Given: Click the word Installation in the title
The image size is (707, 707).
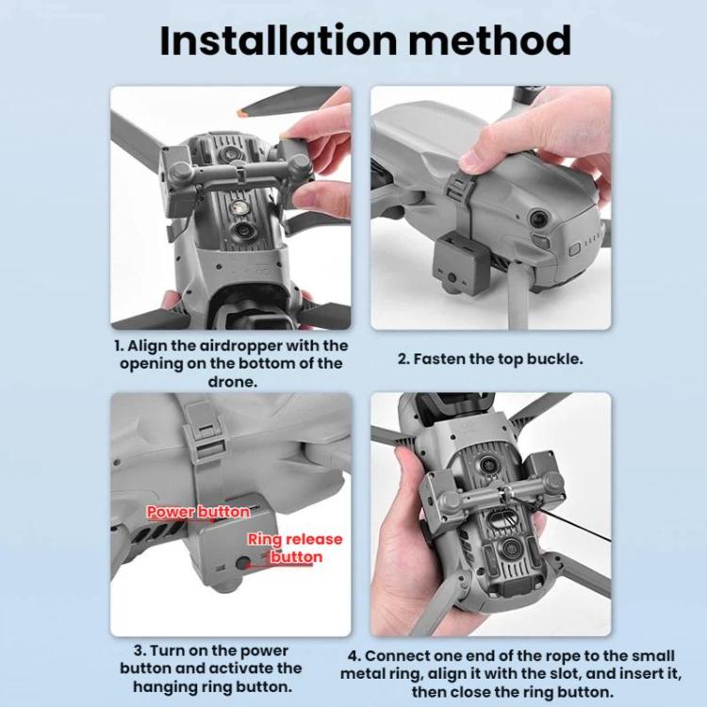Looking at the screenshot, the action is [x=278, y=41].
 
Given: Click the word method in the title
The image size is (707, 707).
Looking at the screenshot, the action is [x=489, y=41].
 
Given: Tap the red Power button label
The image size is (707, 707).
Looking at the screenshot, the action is [x=198, y=512].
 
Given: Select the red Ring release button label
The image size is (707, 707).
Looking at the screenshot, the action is [x=295, y=548].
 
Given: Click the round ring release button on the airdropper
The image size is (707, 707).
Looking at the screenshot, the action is [x=243, y=563].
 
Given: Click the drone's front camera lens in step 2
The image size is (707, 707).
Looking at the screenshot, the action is [x=538, y=219].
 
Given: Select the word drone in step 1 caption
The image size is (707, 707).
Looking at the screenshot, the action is [x=233, y=382].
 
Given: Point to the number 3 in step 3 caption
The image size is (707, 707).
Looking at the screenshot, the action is [x=139, y=651].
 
